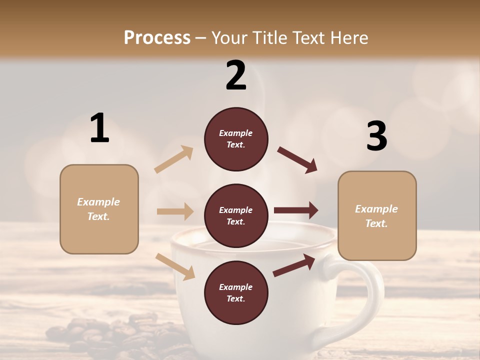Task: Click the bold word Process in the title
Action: click(x=157, y=38)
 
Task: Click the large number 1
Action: click(x=99, y=128)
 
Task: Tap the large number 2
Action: click(x=236, y=75)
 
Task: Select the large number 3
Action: click(x=376, y=136)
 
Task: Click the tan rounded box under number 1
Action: click(x=99, y=209)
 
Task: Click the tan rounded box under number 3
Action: click(x=377, y=215)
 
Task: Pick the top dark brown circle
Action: click(x=236, y=139)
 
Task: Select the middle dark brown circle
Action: click(x=236, y=216)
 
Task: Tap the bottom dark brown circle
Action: click(x=236, y=292)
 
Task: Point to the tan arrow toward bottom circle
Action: click(x=175, y=266)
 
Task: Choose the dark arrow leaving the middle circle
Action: click(x=296, y=210)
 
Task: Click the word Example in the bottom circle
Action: click(x=236, y=287)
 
